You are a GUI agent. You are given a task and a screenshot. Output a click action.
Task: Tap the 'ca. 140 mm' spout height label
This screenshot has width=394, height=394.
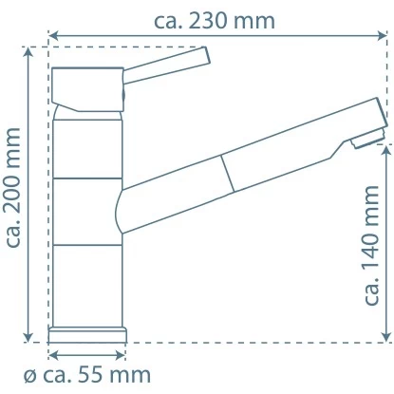tap(372, 244)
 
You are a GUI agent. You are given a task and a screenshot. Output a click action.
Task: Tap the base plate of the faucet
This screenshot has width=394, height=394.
tap(88, 333)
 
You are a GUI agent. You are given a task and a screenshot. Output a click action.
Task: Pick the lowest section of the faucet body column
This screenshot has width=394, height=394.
tap(88, 285)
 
